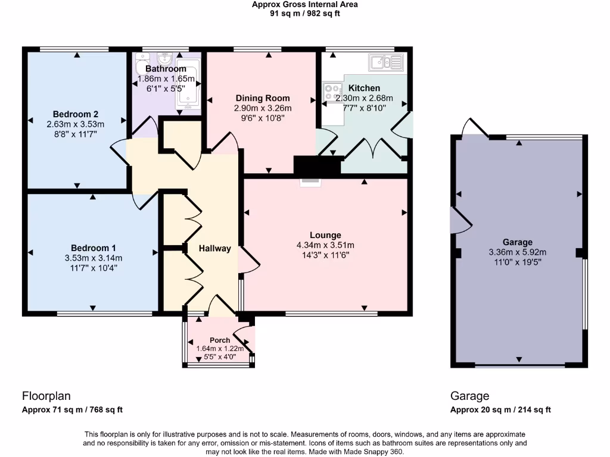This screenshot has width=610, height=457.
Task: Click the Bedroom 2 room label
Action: [x=75, y=114]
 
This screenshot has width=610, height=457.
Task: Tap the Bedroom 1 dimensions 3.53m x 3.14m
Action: [x=93, y=258]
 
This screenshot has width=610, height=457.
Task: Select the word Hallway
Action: [x=214, y=248]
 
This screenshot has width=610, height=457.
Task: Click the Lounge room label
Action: [x=325, y=235]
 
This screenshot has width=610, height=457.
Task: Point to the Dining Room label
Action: [x=263, y=98]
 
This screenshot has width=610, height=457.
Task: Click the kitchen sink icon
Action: [x=386, y=61]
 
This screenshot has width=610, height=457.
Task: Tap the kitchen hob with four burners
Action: [x=330, y=92]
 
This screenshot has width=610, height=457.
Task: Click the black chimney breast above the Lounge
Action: [x=318, y=167]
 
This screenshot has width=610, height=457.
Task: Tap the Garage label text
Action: [x=517, y=242]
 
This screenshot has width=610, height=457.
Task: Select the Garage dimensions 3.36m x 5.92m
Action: [x=517, y=252]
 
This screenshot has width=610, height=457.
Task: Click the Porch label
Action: [x=220, y=340]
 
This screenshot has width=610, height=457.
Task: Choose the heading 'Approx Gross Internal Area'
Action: [x=305, y=4]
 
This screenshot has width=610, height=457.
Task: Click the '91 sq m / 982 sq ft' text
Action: [x=305, y=13]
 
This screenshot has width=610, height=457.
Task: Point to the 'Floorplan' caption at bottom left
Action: [x=46, y=396]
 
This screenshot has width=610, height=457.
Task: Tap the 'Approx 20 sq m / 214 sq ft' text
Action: [x=500, y=409]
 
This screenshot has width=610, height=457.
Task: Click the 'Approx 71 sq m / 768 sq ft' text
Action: [x=72, y=409]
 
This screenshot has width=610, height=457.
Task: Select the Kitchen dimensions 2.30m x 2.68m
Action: [x=365, y=98]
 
